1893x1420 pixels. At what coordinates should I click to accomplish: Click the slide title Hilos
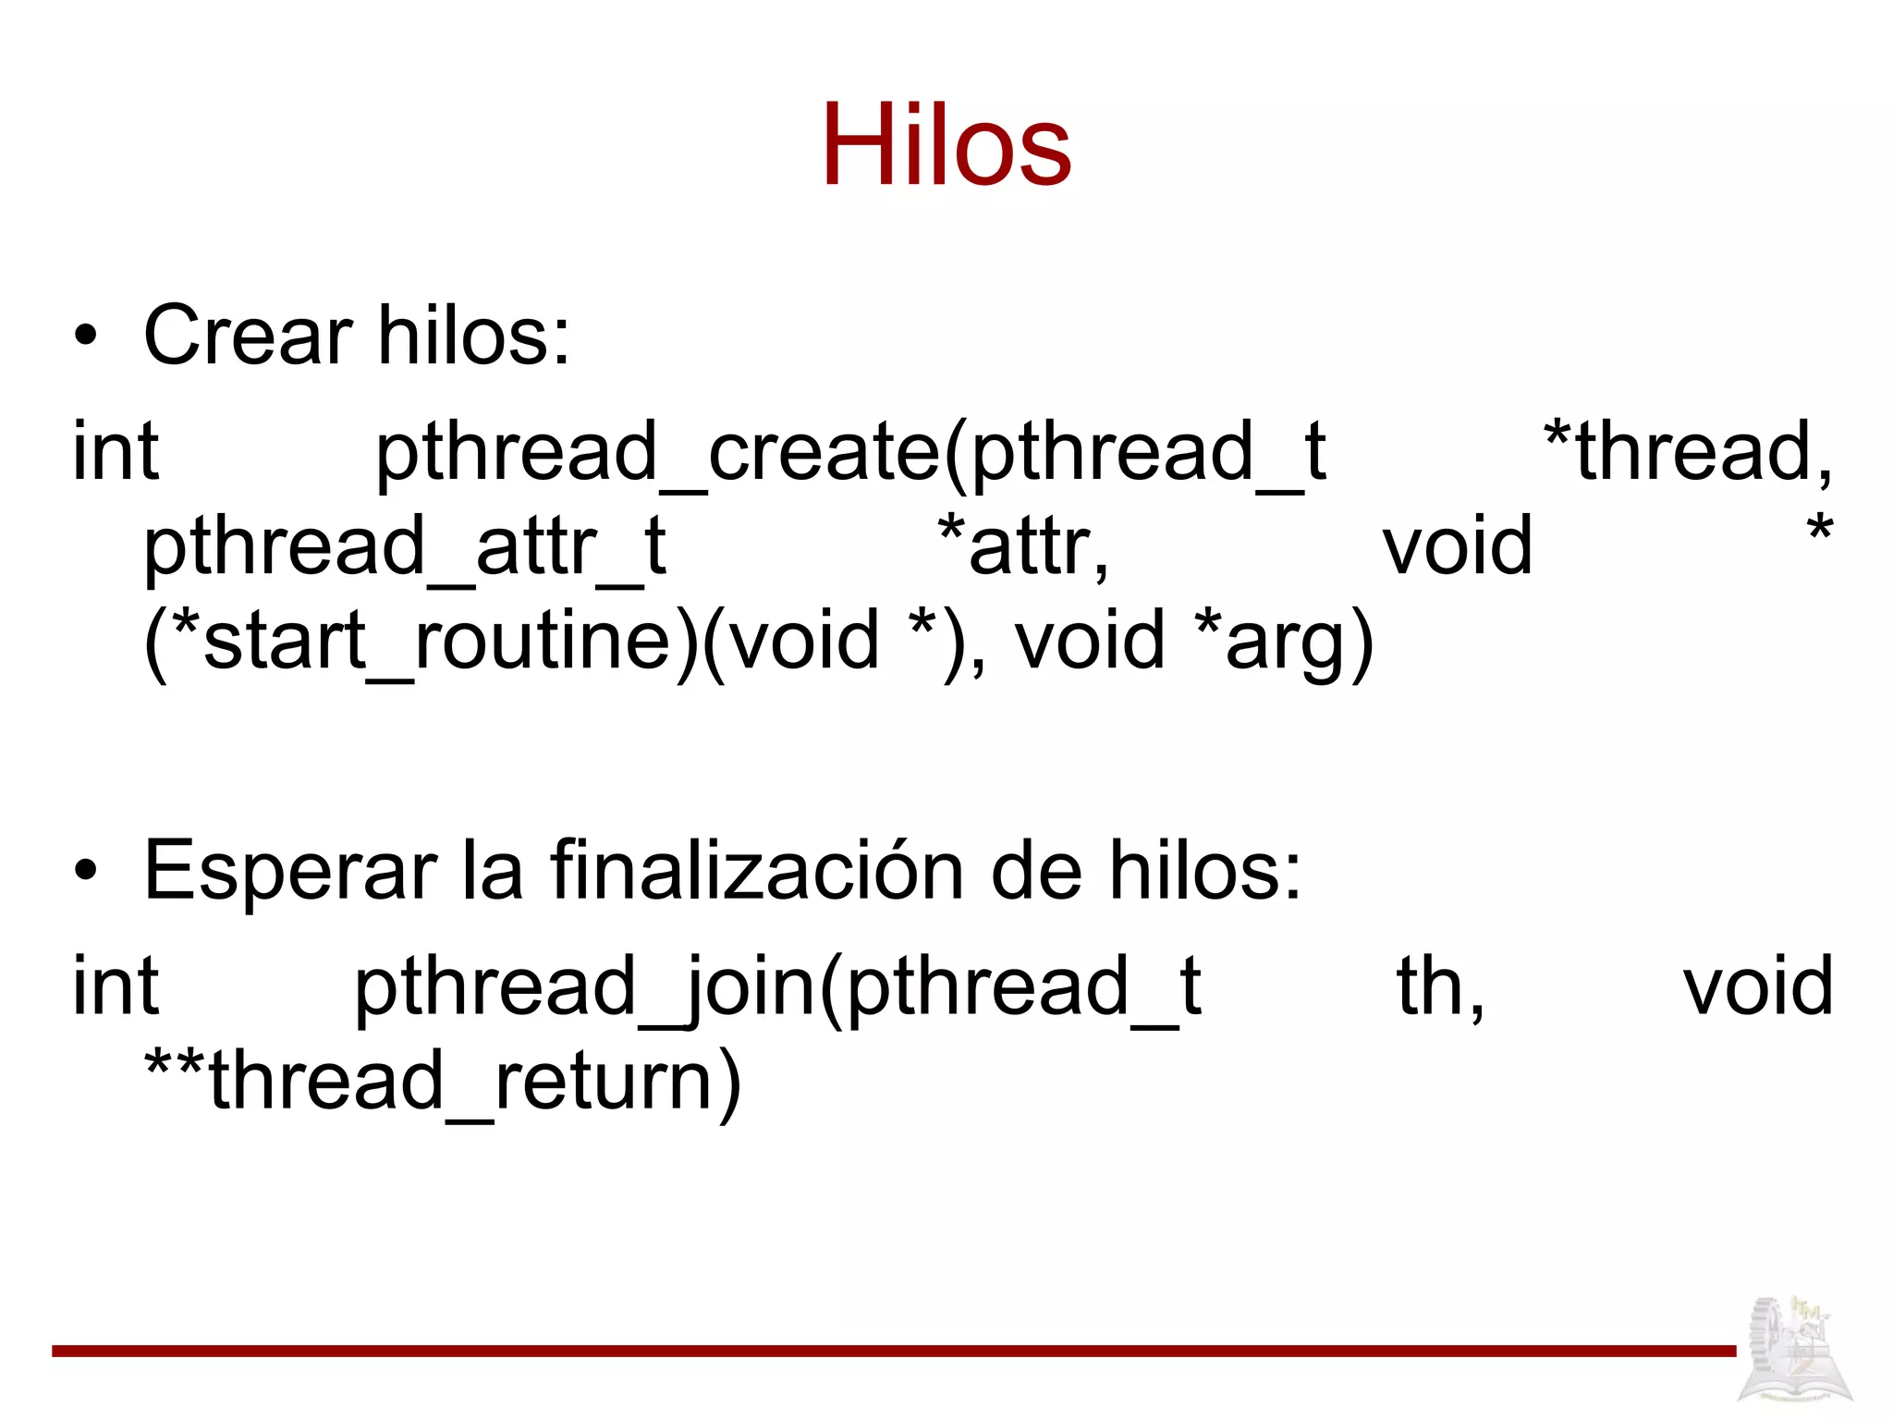946,145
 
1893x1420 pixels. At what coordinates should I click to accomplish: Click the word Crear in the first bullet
248,335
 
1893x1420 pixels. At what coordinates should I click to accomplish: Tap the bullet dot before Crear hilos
86,337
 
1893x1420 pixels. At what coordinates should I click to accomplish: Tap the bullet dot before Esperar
86,871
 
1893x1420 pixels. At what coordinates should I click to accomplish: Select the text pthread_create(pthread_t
849,452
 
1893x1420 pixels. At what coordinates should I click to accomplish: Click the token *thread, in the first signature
1688,452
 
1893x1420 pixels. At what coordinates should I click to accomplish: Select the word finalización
757,871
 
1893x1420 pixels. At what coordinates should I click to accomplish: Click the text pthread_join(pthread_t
777,987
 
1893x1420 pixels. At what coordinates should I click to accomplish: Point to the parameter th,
1440,987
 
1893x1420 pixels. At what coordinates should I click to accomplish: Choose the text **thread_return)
443,1082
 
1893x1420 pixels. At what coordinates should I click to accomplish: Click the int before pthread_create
116,452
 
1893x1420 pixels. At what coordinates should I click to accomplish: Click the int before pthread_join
116,987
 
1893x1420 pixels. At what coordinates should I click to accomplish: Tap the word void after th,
1757,987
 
